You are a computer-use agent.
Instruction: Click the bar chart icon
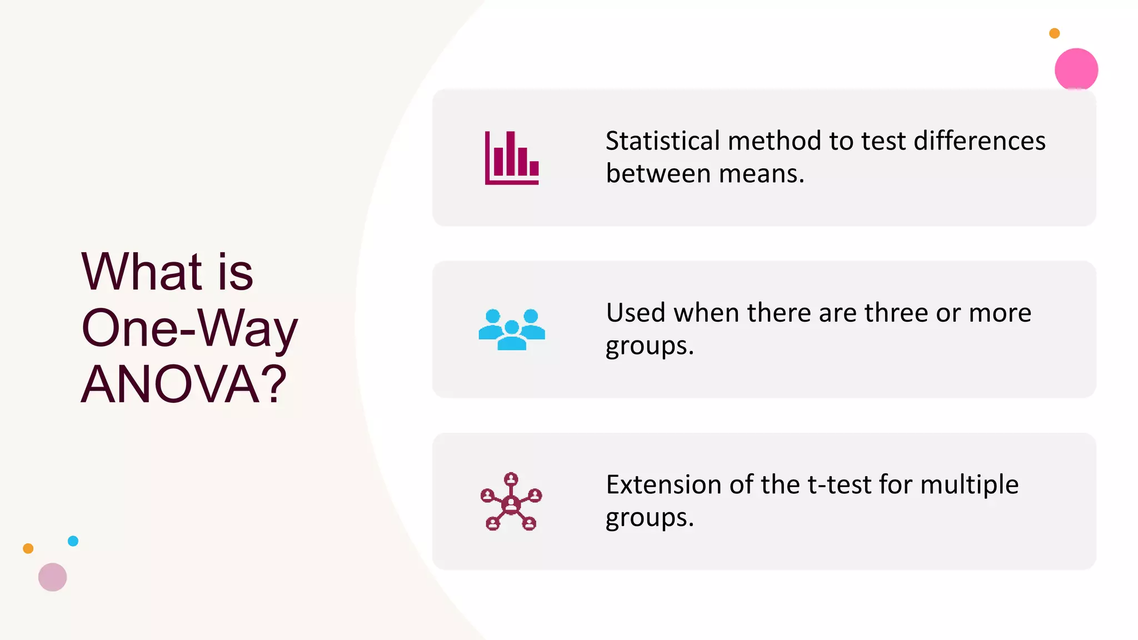point(512,158)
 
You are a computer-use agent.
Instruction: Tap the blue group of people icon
point(512,329)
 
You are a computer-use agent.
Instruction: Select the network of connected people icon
point(511,502)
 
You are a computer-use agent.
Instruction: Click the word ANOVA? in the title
point(184,384)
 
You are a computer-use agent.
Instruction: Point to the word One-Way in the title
point(189,328)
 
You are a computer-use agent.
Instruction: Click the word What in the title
point(141,272)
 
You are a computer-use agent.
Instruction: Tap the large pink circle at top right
point(1076,69)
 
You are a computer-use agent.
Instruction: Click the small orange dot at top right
point(1054,33)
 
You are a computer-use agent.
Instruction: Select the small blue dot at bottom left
point(73,541)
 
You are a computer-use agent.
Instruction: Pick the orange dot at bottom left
point(28,548)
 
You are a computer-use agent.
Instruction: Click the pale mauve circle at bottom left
point(52,577)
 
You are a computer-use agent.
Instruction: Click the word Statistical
point(662,141)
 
